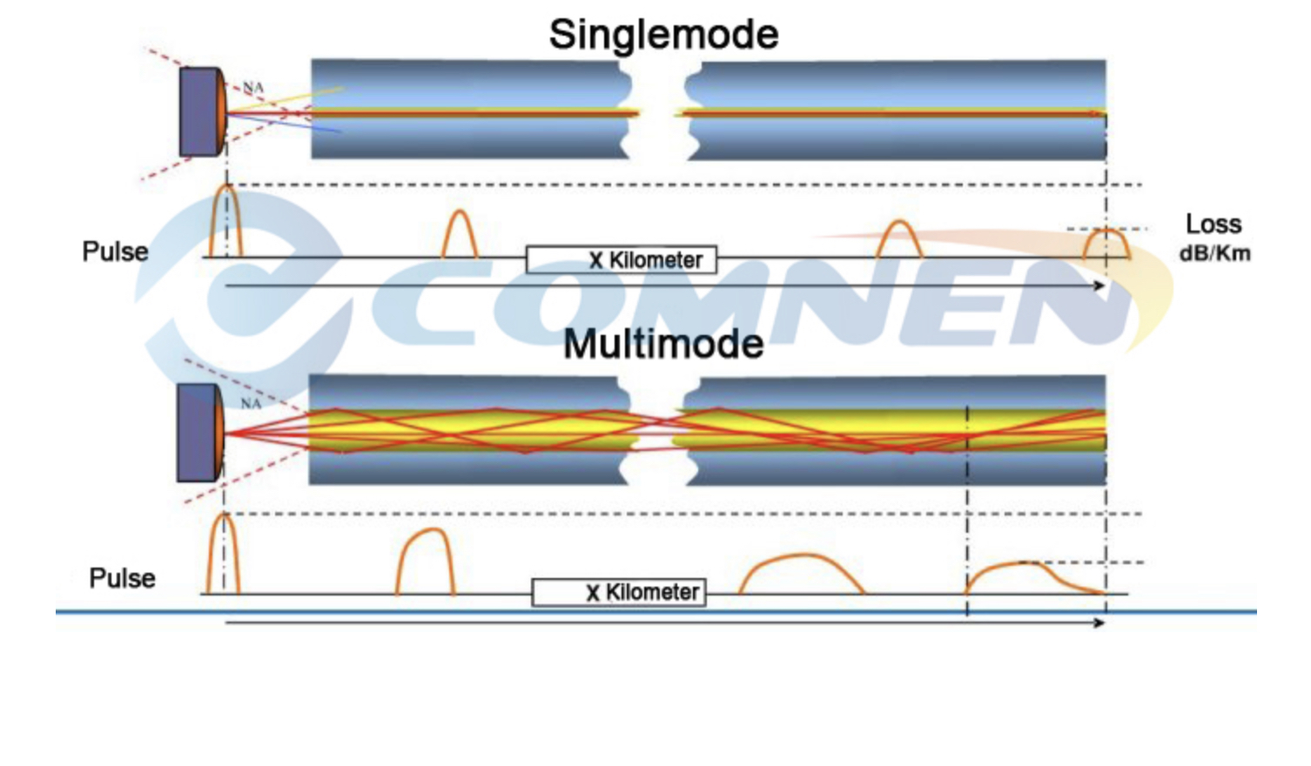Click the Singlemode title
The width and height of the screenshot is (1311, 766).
pyautogui.click(x=663, y=35)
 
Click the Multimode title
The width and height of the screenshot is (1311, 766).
pyautogui.click(x=663, y=344)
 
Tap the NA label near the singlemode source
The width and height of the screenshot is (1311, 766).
pyautogui.click(x=252, y=88)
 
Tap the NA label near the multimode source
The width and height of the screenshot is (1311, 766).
pyautogui.click(x=251, y=403)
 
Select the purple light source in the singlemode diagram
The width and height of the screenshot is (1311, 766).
pyautogui.click(x=200, y=112)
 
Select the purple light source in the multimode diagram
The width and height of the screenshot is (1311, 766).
pyautogui.click(x=198, y=433)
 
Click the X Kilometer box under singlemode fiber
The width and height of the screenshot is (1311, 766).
pyautogui.click(x=622, y=259)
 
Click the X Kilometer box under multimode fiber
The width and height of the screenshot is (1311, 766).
pyautogui.click(x=618, y=593)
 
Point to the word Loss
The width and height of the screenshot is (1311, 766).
pyautogui.click(x=1213, y=225)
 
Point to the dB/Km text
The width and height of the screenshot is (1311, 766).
pyautogui.click(x=1214, y=254)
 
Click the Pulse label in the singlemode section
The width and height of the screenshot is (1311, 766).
pyautogui.click(x=115, y=252)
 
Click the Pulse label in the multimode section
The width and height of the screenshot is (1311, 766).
pyautogui.click(x=122, y=578)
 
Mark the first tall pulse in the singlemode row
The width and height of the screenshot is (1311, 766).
pyautogui.click(x=225, y=222)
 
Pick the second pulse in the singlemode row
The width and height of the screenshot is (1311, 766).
pyautogui.click(x=460, y=235)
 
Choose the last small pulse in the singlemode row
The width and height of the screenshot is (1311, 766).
pyautogui.click(x=1106, y=244)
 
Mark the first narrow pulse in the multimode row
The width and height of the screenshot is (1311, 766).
pyautogui.click(x=223, y=554)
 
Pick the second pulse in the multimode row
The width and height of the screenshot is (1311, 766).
pyautogui.click(x=426, y=561)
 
